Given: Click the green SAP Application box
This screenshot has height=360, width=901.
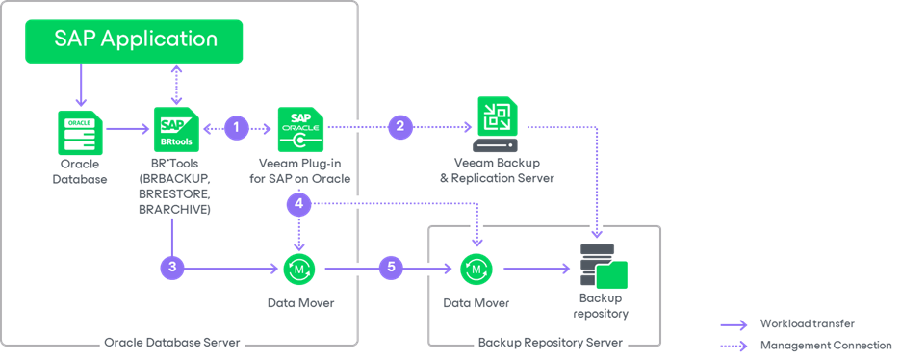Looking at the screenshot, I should pyautogui.click(x=135, y=39).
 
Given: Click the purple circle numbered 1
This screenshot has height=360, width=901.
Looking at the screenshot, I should pyautogui.click(x=237, y=127).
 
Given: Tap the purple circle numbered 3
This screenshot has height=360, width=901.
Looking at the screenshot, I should pyautogui.click(x=171, y=269).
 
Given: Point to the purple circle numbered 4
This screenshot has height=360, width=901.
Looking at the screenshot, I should pyautogui.click(x=299, y=204).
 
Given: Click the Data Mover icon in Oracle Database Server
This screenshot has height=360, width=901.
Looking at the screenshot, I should pyautogui.click(x=299, y=270).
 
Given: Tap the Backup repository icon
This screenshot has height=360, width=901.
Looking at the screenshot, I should pyautogui.click(x=601, y=268).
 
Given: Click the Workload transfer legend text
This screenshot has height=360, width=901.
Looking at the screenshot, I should pyautogui.click(x=806, y=323).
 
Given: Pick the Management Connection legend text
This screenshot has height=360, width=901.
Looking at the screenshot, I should pyautogui.click(x=825, y=345).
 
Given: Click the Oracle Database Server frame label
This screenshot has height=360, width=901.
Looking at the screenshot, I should pyautogui.click(x=171, y=343).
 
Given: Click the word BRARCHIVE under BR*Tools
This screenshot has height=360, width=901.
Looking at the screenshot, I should pyautogui.click(x=175, y=209).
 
